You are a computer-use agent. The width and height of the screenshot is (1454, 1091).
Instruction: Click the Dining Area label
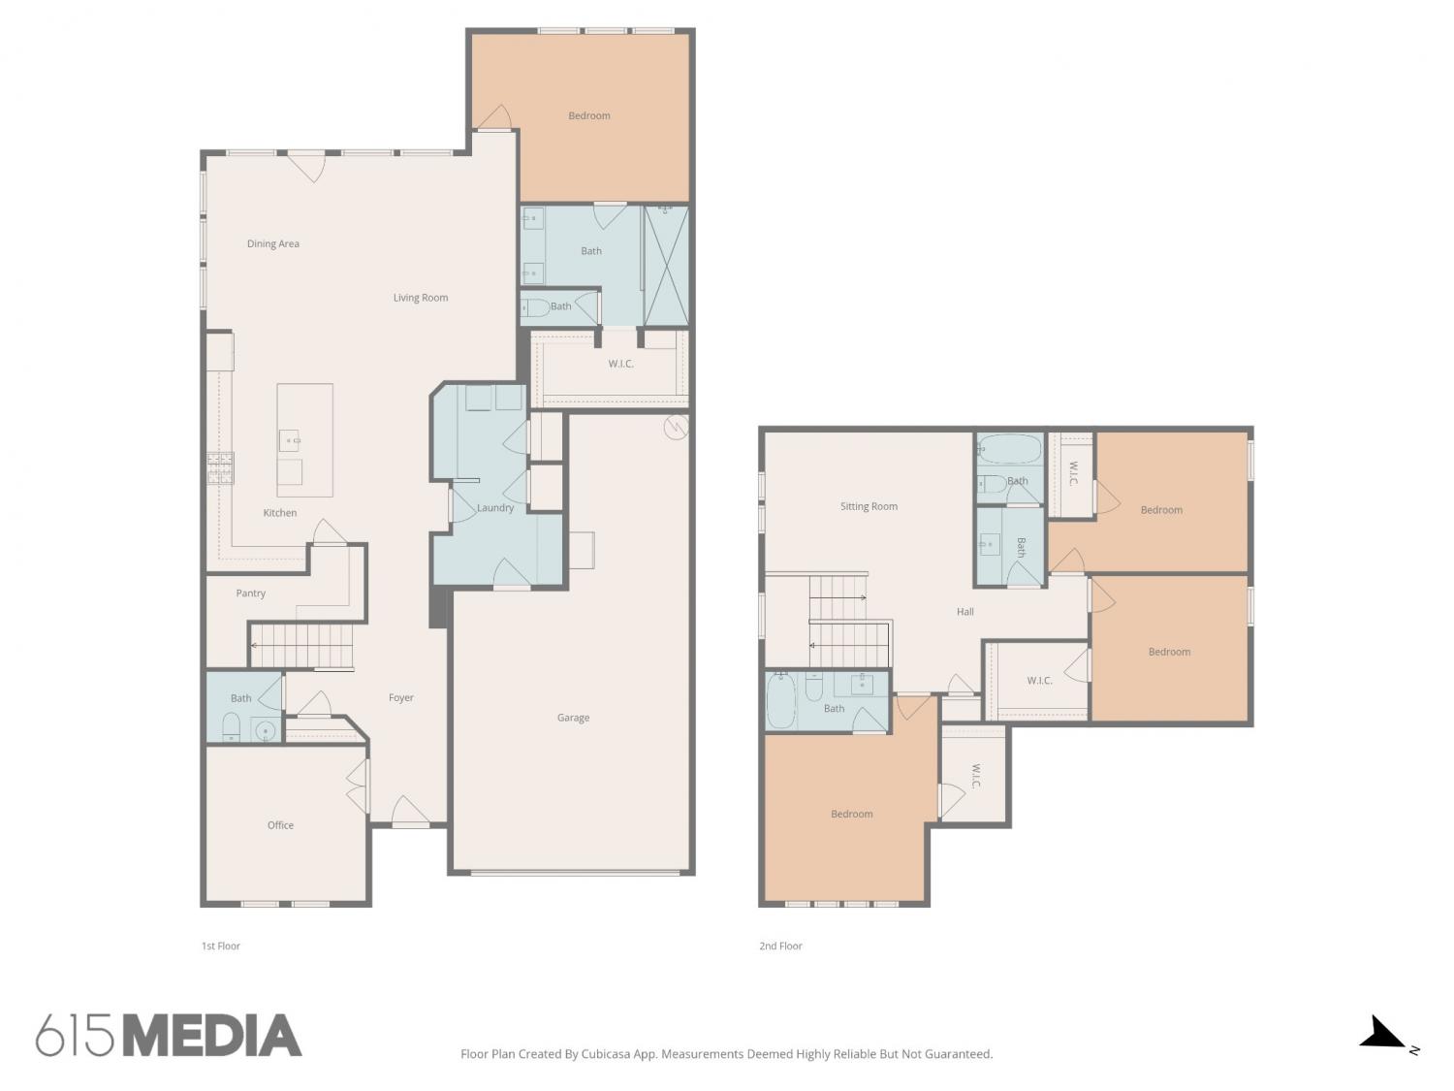point(273,243)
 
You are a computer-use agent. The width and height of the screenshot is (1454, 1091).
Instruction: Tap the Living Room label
point(421,298)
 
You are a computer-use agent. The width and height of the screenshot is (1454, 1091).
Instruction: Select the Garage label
point(573,718)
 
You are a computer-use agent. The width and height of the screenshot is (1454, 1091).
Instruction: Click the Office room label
point(280,824)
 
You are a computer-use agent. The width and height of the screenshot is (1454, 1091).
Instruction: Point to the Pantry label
point(250,593)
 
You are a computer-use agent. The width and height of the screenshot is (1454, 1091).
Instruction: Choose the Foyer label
point(400,697)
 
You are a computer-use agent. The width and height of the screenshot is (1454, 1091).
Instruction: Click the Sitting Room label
point(869,506)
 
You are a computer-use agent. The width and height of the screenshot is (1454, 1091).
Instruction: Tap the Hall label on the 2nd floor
point(964,611)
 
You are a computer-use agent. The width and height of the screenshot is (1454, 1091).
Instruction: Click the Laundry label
point(494,507)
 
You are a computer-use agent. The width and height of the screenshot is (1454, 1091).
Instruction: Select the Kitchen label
point(279,512)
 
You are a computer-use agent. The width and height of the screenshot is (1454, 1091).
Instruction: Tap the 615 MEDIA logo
point(169,1036)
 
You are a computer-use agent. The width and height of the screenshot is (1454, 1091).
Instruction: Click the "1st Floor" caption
point(221,946)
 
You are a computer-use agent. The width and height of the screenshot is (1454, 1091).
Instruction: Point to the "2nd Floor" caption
point(780,946)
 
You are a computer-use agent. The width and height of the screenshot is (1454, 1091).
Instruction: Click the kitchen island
point(304,440)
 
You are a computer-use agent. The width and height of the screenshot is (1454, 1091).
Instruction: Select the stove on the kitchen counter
point(220,467)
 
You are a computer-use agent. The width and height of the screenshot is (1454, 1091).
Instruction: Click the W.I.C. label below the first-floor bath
point(620,364)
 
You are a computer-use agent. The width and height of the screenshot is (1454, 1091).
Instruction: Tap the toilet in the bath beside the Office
point(231,726)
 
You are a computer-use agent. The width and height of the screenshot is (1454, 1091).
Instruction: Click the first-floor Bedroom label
point(589,116)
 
